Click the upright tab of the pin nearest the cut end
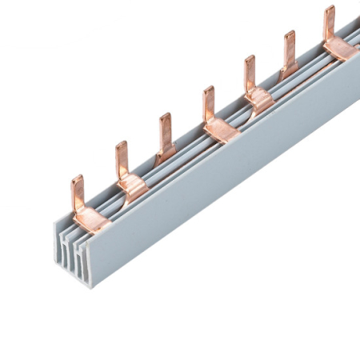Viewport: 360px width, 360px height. (x=78, y=192)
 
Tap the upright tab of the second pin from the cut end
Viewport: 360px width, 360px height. (x=122, y=158)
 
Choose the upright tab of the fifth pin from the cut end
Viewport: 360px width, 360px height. (x=250, y=71)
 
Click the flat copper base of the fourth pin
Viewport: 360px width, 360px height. (x=220, y=128)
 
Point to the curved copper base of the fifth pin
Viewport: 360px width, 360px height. (x=259, y=99)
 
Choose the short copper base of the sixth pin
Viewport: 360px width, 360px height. (x=288, y=70)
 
